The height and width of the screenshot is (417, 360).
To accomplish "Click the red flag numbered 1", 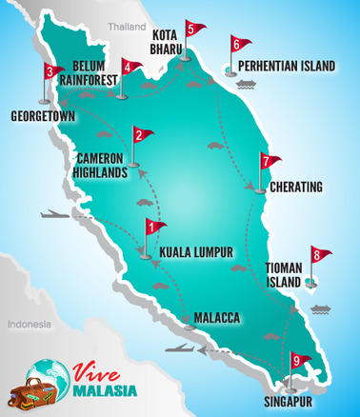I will click(x=153, y=228).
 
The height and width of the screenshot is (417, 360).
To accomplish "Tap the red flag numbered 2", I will click(x=140, y=136).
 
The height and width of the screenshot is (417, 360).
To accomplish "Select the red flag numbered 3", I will click(x=52, y=72).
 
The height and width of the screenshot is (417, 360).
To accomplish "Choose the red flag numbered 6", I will click(x=238, y=44).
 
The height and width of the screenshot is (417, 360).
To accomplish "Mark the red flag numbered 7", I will click(x=268, y=163).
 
